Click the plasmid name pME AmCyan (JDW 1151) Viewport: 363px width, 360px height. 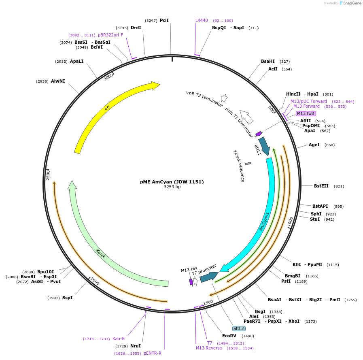pyautogui.click(x=172, y=182)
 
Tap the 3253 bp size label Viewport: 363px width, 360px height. pyautogui.click(x=172, y=187)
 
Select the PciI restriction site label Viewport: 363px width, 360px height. pyautogui.click(x=164, y=20)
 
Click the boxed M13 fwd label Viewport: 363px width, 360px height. pyautogui.click(x=306, y=113)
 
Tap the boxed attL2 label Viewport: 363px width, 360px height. pyautogui.click(x=239, y=328)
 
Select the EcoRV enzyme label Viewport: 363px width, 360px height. pyautogui.click(x=229, y=336)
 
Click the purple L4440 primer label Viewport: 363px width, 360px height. pyautogui.click(x=202, y=20)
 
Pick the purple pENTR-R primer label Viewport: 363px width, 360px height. pyautogui.click(x=153, y=353)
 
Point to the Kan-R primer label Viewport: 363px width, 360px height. pyautogui.click(x=119, y=339)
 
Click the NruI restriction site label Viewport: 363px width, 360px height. pyautogui.click(x=136, y=346)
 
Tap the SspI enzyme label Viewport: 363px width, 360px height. pyautogui.click(x=68, y=298)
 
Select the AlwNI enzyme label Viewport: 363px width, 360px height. pyautogui.click(x=58, y=81)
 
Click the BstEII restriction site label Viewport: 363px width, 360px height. pyautogui.click(x=321, y=186)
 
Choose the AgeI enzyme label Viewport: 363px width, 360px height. pyautogui.click(x=314, y=145)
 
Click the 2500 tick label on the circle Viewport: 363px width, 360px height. pyautogui.click(x=48, y=175)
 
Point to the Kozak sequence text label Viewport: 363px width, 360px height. pyautogui.click(x=239, y=166)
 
